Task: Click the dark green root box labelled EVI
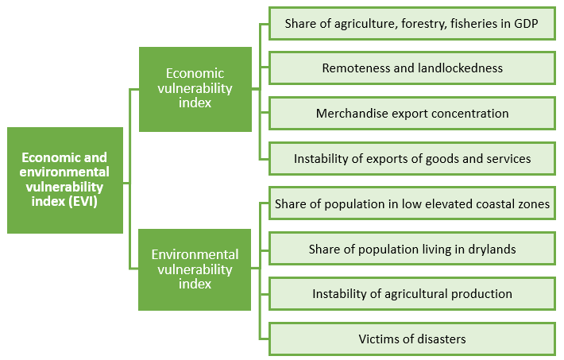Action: click(x=65, y=180)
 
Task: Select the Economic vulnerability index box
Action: click(x=195, y=89)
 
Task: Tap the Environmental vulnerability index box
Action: click(x=195, y=269)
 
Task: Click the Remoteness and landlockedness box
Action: click(x=412, y=68)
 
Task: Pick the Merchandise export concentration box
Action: click(x=412, y=114)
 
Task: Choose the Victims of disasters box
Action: click(x=412, y=339)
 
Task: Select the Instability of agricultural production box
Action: click(x=412, y=294)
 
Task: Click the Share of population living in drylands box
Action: click(x=412, y=249)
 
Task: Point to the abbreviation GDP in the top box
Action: click(x=526, y=24)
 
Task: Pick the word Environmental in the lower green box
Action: click(x=195, y=254)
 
